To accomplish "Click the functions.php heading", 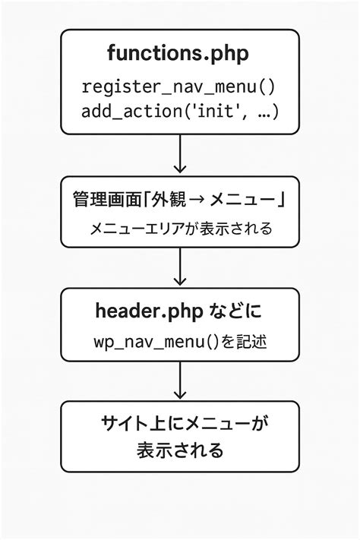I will point(180,54).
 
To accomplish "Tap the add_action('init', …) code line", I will point(180,111).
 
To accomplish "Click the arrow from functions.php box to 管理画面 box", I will point(180,155).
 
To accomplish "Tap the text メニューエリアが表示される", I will point(180,228).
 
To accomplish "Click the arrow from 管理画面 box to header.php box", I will point(180,267).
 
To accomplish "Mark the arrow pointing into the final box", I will point(180,381).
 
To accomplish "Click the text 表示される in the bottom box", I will point(180,450).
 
